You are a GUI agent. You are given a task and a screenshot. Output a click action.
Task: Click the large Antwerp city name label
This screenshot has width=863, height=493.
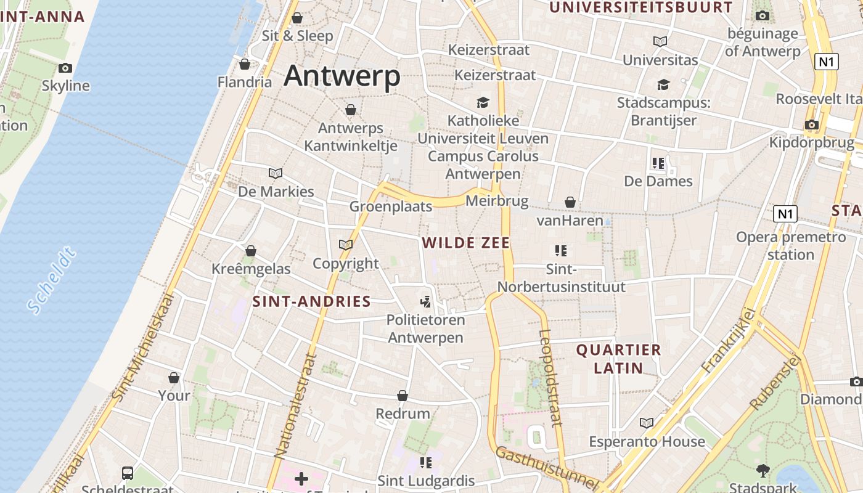click(342, 76)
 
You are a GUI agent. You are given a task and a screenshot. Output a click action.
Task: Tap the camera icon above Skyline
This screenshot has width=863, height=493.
click(65, 68)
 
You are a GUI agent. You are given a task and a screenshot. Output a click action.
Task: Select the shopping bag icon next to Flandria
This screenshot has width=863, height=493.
click(245, 64)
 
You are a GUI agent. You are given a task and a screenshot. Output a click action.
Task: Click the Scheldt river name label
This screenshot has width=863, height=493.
click(52, 280)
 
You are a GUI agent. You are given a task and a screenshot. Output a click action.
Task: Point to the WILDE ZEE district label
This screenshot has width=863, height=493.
click(467, 243)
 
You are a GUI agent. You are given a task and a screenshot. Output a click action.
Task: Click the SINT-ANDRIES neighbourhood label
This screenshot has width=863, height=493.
click(311, 301)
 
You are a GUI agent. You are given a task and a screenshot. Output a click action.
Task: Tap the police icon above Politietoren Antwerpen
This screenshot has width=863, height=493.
click(425, 301)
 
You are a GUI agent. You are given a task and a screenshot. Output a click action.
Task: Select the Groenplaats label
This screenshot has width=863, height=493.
click(391, 206)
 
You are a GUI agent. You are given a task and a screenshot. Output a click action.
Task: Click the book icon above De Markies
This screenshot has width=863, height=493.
click(276, 174)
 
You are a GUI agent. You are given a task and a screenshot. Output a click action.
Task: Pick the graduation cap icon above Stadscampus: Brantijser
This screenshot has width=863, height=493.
click(663, 85)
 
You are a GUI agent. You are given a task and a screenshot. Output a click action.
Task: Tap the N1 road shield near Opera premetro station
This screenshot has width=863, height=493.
click(785, 214)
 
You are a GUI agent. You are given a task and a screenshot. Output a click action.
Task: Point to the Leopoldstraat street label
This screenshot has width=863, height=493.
click(550, 378)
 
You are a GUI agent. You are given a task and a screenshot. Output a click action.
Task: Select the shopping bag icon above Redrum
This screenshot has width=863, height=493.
click(403, 396)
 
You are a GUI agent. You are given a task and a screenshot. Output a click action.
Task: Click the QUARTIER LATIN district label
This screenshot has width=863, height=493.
click(618, 359)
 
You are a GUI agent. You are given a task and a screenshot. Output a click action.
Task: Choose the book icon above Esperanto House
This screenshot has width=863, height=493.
click(646, 423)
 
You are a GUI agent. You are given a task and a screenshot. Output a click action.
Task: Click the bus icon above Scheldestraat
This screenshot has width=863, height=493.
click(128, 473)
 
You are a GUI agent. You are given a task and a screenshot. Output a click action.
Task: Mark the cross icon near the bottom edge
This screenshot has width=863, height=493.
click(301, 478)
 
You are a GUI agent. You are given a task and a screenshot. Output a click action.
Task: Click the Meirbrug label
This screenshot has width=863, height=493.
click(497, 201)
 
